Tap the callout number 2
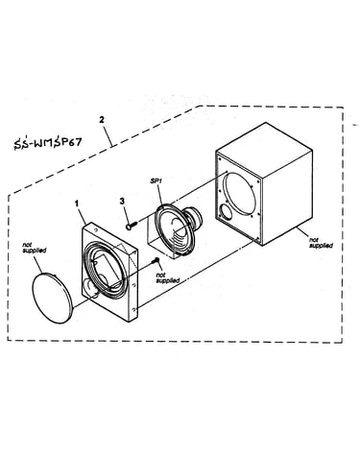point(102,120)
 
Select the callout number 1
point(77,204)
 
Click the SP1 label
point(156,181)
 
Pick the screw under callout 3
point(132,225)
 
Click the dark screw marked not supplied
point(156,260)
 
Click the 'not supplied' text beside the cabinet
point(321,242)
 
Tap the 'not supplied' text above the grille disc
point(35,248)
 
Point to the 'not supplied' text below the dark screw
point(167,277)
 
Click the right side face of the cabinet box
point(287,198)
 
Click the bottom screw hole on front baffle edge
point(133,309)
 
